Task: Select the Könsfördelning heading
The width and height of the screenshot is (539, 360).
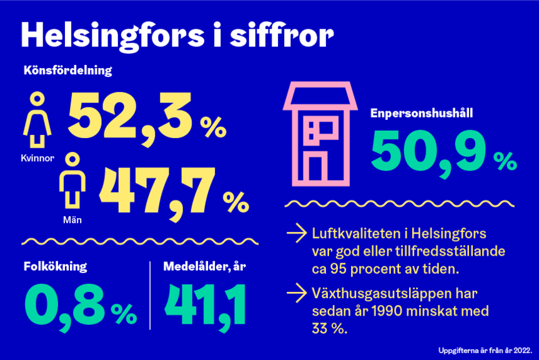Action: (x=67, y=71)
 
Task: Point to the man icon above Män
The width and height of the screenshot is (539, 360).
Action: (x=73, y=181)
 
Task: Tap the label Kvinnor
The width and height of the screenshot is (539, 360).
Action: (x=37, y=158)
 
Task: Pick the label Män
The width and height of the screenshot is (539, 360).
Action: (x=72, y=219)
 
